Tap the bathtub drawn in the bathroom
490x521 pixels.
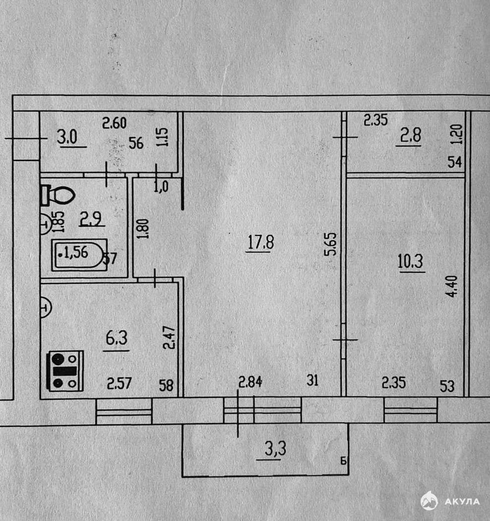click(x=79, y=254)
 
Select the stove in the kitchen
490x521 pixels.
click(x=65, y=371)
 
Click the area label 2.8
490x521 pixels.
click(x=410, y=137)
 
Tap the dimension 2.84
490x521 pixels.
click(x=250, y=382)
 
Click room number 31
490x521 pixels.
click(x=313, y=381)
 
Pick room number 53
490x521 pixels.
click(x=447, y=386)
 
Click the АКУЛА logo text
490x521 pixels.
click(x=462, y=501)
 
